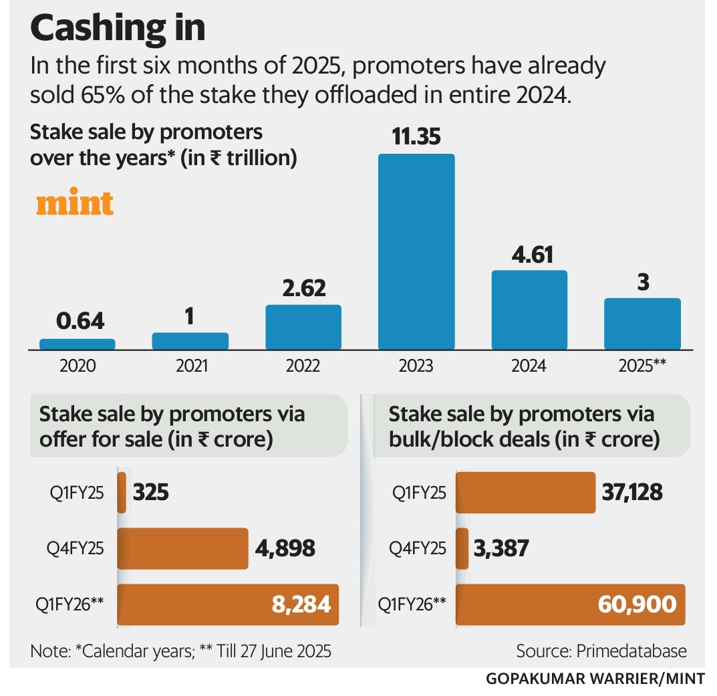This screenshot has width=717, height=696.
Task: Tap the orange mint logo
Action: [x=75, y=203]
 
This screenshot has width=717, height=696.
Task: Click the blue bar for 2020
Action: [x=78, y=344]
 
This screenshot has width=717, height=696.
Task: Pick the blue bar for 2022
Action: [x=303, y=327]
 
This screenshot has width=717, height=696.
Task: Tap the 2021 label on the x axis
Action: [x=190, y=366]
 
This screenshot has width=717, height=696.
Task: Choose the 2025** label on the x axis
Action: [x=643, y=366]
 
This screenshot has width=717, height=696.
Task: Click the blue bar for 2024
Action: [x=529, y=310]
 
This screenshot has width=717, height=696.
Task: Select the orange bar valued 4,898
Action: [x=183, y=548]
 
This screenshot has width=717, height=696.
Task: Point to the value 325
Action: [x=151, y=493]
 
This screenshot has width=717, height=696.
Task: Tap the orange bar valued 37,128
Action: [x=525, y=493]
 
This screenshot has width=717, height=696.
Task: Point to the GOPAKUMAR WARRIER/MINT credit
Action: [x=595, y=679]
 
